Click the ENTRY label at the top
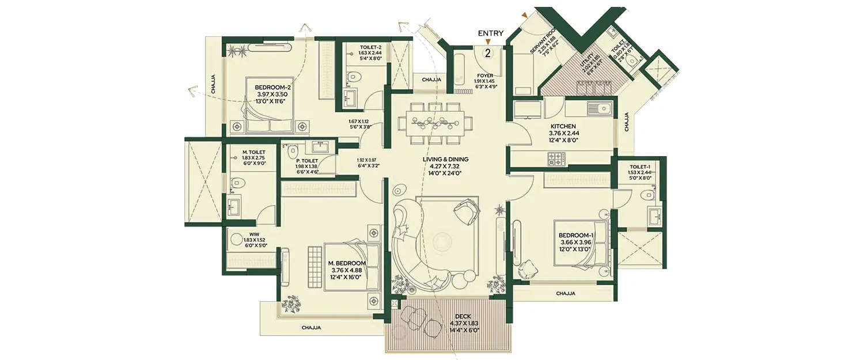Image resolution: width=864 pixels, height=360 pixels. pyautogui.click(x=491, y=33)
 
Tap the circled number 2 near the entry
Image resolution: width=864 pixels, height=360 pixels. pyautogui.click(x=488, y=54)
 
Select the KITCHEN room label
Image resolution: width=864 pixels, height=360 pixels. pyautogui.click(x=563, y=126)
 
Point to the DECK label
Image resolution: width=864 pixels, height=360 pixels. pyautogui.click(x=463, y=316)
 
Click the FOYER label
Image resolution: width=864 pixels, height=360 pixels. pyautogui.click(x=485, y=75)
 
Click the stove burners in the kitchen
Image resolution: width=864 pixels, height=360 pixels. pyautogui.click(x=555, y=158)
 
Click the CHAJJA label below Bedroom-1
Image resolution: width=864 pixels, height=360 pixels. pyautogui.click(x=566, y=294)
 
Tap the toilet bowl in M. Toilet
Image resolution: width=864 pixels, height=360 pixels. pyautogui.click(x=237, y=184)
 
